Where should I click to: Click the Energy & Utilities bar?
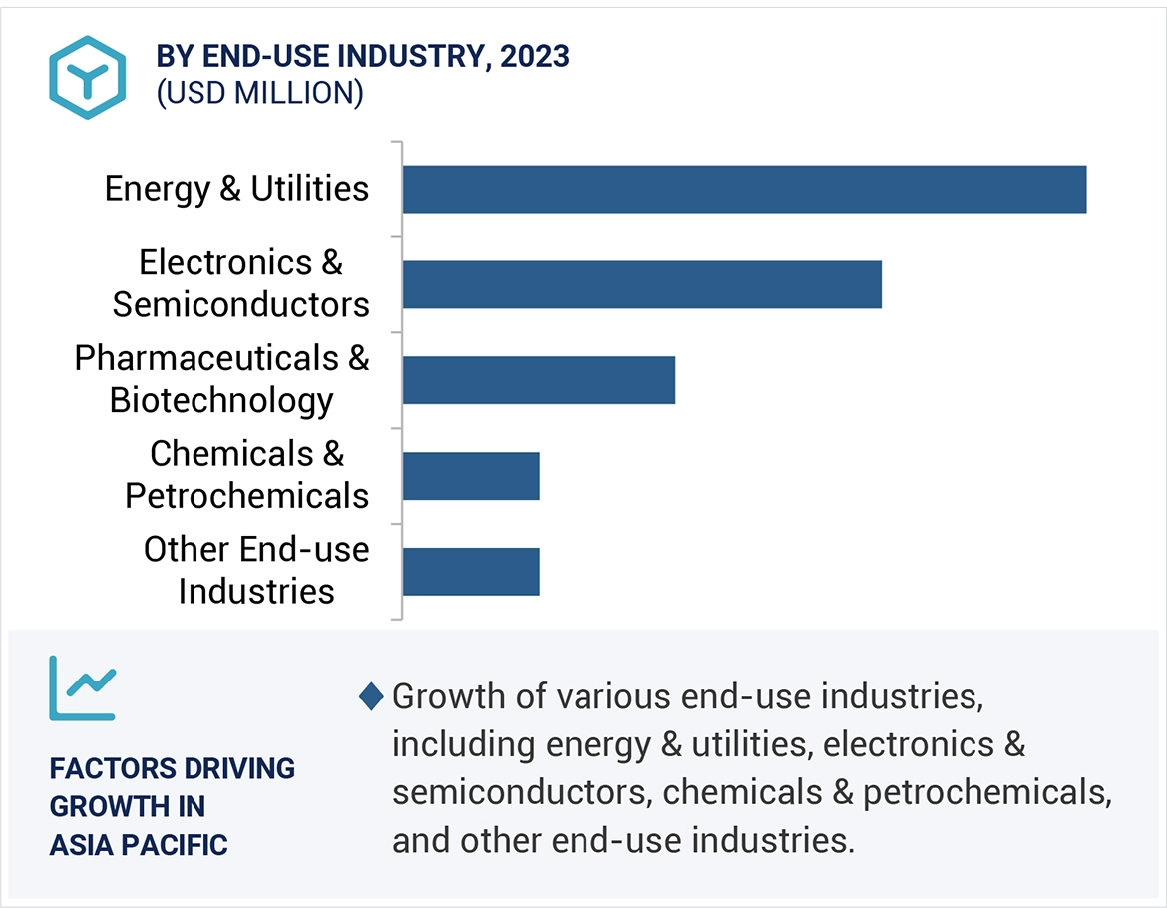coord(744,190)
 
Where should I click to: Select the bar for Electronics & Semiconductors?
coord(642,284)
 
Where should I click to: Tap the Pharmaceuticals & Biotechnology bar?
coord(539,380)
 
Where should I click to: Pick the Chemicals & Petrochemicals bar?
coord(471,476)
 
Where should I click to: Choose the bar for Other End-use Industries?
coord(471,572)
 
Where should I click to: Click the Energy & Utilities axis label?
coord(236,189)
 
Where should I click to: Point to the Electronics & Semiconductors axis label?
coord(240,283)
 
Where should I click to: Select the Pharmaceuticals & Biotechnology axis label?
coord(221,379)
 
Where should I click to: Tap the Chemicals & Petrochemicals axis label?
coord(246,475)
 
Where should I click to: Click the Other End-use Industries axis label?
coord(256,570)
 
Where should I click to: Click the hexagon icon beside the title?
coord(87,78)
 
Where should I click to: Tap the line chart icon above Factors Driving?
coord(83,687)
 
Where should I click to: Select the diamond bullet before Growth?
coord(371,697)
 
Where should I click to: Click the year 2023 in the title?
coord(535,57)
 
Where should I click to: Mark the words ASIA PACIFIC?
coord(139,845)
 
